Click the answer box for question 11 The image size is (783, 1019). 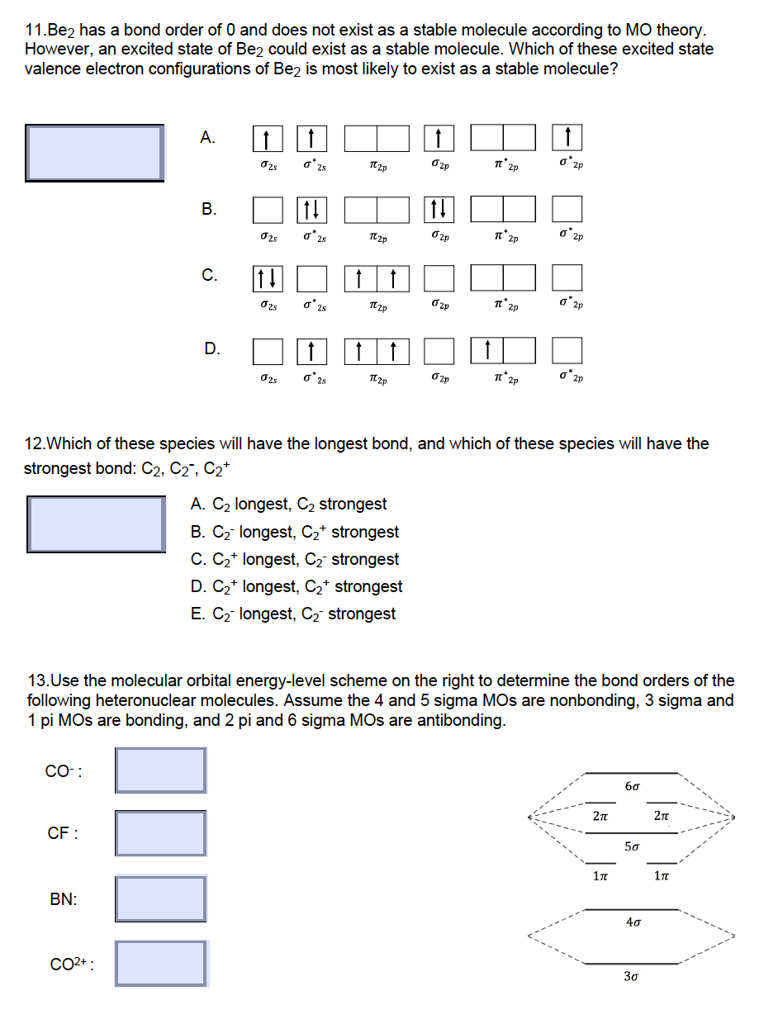click(x=94, y=152)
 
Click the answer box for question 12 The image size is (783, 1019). click(x=96, y=524)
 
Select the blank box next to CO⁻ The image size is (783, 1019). click(x=161, y=770)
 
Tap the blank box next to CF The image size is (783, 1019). click(x=161, y=833)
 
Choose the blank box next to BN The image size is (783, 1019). click(x=161, y=898)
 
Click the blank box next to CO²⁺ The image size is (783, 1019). click(x=161, y=963)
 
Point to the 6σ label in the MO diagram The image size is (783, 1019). click(x=631, y=786)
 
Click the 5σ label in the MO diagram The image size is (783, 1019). click(x=631, y=846)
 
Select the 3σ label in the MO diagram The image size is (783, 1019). click(x=631, y=977)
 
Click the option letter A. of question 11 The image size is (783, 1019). click(x=208, y=137)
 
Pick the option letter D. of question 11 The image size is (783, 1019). click(x=212, y=348)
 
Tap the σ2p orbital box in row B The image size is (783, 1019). click(x=439, y=209)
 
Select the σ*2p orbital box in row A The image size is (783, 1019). click(x=567, y=138)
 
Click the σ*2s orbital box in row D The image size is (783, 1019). click(x=310, y=350)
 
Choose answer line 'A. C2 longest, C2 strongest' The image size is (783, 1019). click(x=288, y=504)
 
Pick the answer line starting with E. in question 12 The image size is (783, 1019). click(x=292, y=614)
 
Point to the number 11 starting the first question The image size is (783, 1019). click(x=35, y=31)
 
